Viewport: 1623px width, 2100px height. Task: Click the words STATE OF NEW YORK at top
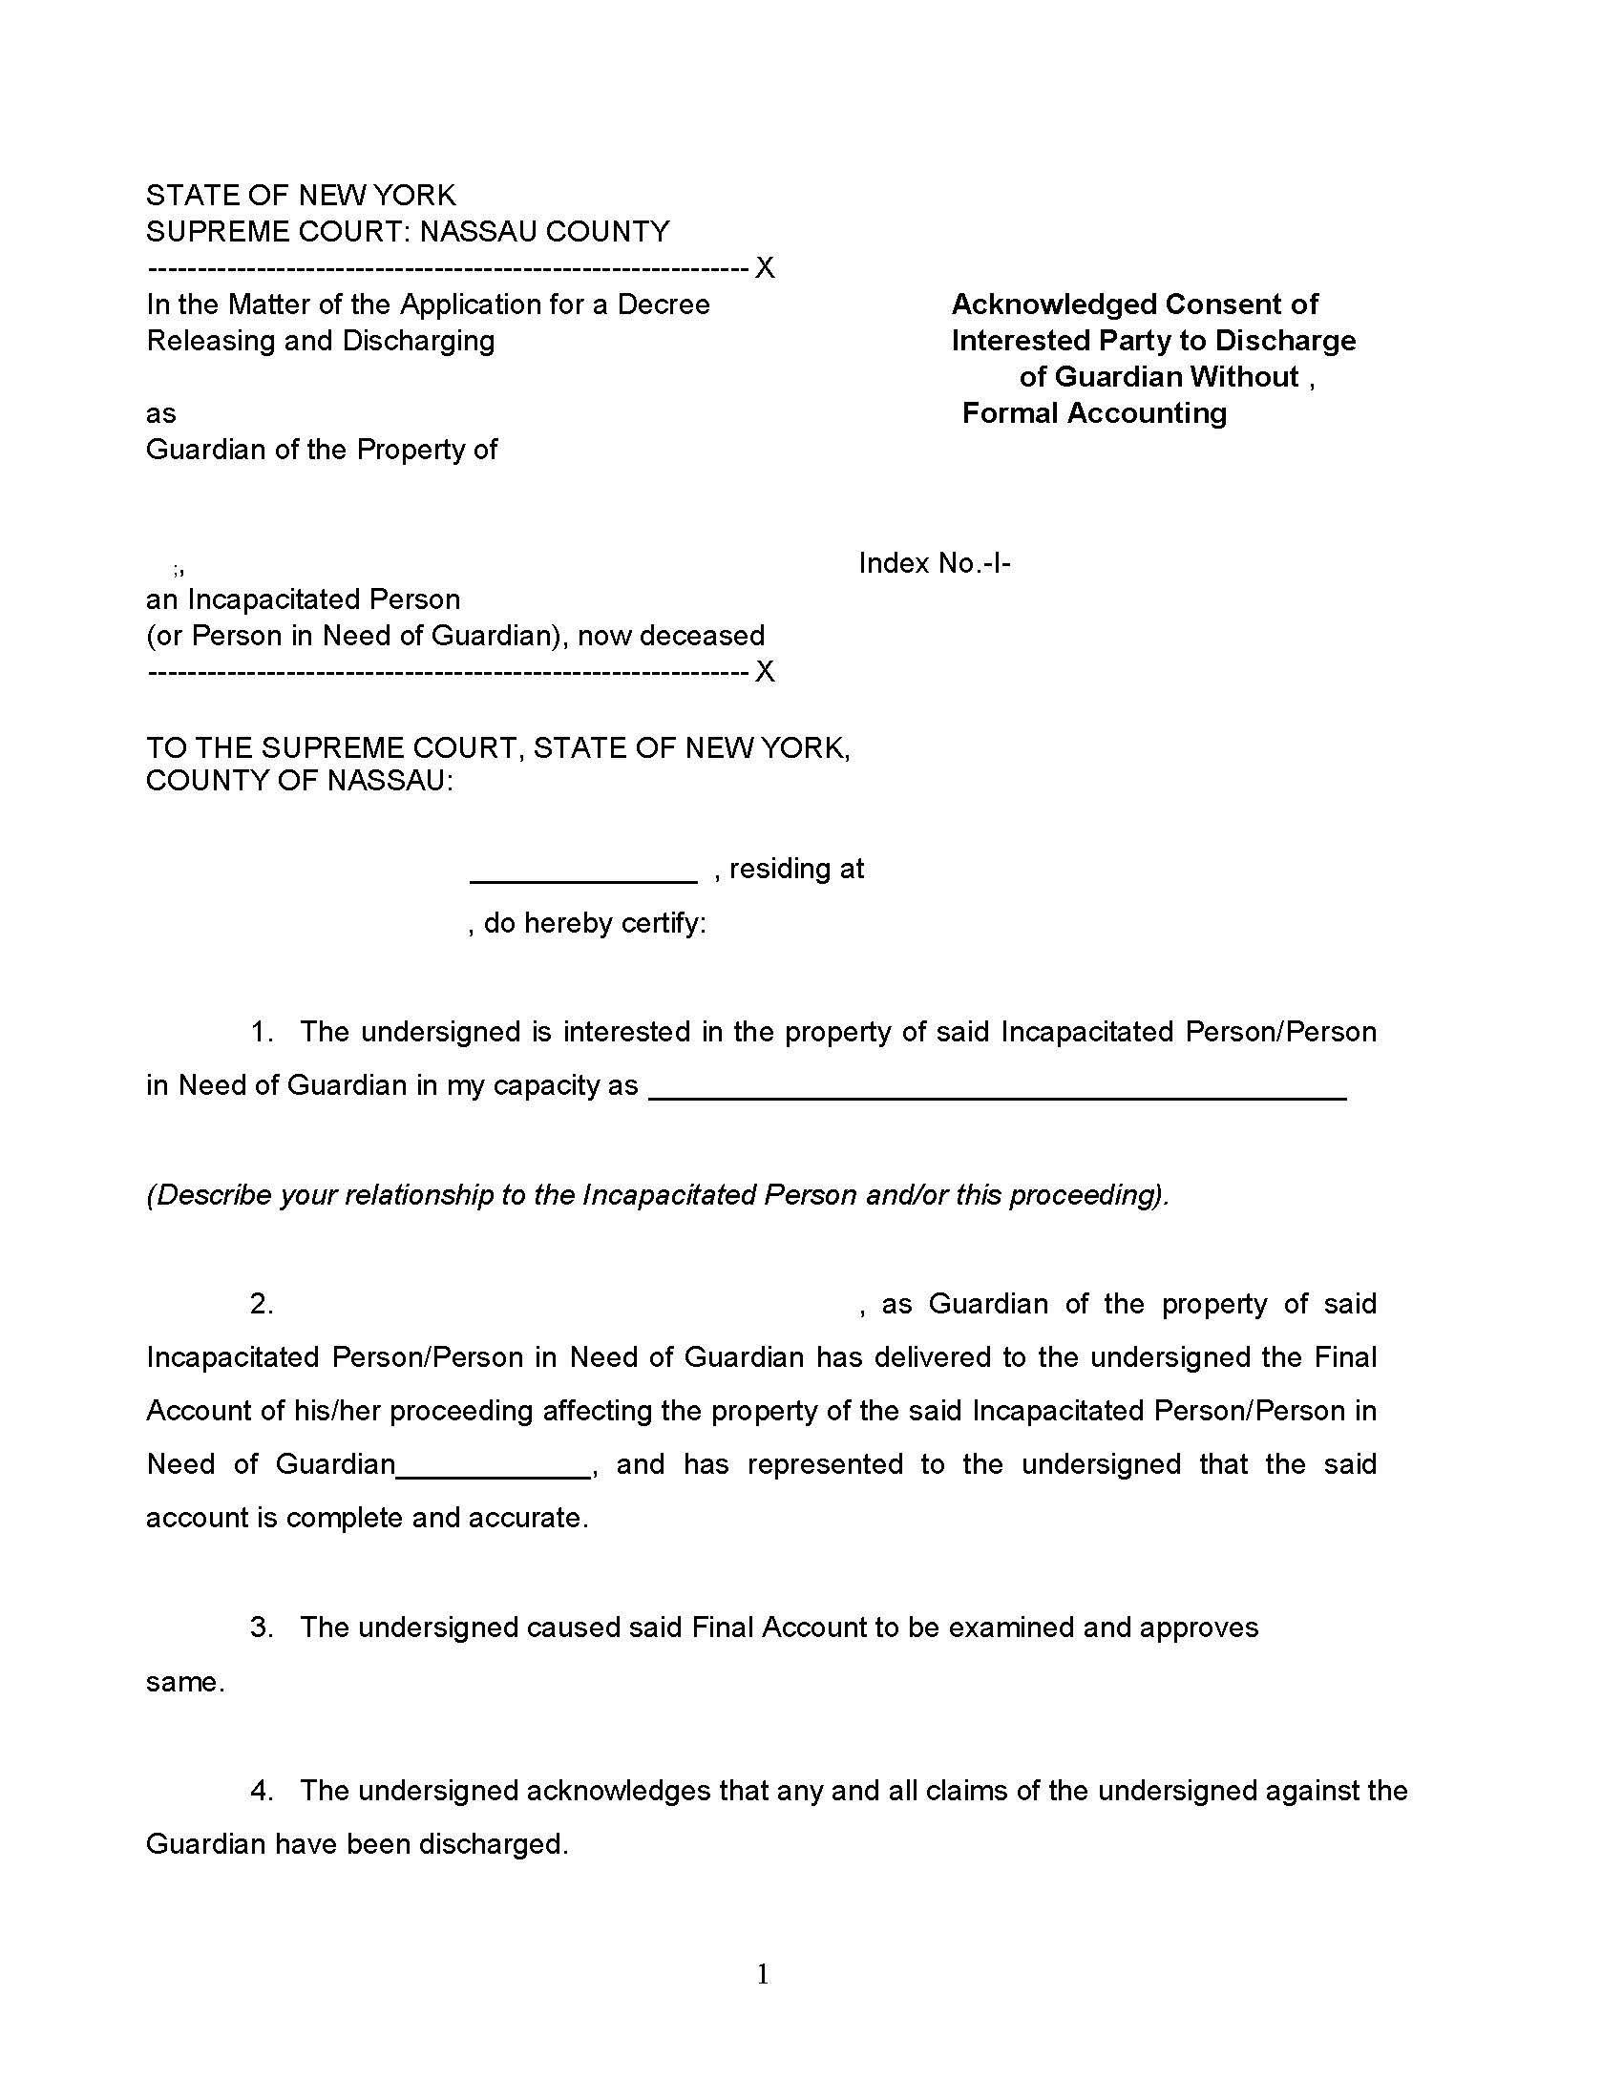point(300,195)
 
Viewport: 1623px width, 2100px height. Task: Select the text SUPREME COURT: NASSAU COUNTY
point(408,232)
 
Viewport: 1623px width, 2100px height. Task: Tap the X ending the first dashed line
point(765,268)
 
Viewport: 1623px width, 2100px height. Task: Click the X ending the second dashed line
point(765,671)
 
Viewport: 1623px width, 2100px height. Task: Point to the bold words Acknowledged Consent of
point(1134,304)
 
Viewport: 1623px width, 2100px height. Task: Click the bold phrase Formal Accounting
point(1094,413)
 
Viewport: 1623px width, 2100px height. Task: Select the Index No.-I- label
point(934,563)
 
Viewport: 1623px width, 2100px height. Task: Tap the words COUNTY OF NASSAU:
point(299,781)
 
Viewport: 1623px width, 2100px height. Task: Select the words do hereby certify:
point(594,923)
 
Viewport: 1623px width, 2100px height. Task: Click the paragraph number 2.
point(262,1304)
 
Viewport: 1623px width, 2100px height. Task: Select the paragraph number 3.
point(262,1627)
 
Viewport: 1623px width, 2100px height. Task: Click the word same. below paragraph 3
point(184,1682)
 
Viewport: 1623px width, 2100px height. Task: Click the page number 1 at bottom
point(763,1975)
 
